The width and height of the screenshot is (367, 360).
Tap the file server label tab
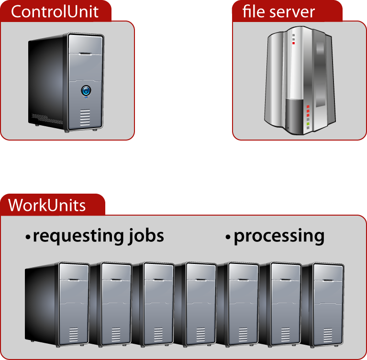tap(287, 11)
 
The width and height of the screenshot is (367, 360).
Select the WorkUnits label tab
tap(47, 205)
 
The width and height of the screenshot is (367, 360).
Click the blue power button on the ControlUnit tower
tap(86, 90)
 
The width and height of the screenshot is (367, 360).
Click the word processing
tap(279, 236)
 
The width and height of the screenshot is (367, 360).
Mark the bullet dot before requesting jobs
tap(28, 237)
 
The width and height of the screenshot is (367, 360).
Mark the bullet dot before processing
tap(228, 237)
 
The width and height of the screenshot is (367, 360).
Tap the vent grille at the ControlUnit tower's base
tap(85, 117)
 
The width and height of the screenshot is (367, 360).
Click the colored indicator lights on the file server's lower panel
tap(308, 117)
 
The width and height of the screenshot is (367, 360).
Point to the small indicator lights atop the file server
tap(293, 39)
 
